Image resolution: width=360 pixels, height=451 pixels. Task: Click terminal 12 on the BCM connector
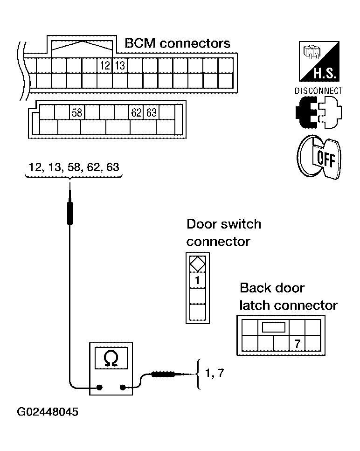click(104, 66)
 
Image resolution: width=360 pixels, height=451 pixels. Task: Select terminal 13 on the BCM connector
click(120, 66)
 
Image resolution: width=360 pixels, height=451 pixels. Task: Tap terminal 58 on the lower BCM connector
click(77, 112)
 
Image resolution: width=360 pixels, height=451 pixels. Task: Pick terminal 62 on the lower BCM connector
click(136, 112)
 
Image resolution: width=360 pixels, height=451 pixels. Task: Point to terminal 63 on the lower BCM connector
click(152, 112)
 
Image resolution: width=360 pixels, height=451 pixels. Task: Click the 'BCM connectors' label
click(177, 43)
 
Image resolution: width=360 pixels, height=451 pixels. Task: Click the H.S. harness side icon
click(319, 61)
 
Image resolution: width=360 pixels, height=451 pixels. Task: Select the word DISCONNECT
click(318, 91)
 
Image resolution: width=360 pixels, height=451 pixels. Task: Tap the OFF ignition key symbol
click(319, 157)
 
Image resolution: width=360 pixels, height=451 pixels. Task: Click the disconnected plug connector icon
click(318, 112)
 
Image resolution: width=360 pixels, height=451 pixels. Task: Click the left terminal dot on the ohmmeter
click(99, 388)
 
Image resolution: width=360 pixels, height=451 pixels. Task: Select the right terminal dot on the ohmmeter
click(123, 388)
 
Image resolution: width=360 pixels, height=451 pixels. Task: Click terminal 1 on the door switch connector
click(198, 280)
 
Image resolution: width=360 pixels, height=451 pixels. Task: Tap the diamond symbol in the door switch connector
click(198, 264)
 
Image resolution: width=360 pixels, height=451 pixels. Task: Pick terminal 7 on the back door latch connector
click(297, 343)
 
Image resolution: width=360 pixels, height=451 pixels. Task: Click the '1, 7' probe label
click(215, 373)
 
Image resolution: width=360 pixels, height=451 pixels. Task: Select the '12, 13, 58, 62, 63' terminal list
click(74, 167)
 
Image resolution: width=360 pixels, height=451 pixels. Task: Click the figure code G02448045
click(48, 412)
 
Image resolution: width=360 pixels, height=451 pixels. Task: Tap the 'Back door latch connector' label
click(288, 297)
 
